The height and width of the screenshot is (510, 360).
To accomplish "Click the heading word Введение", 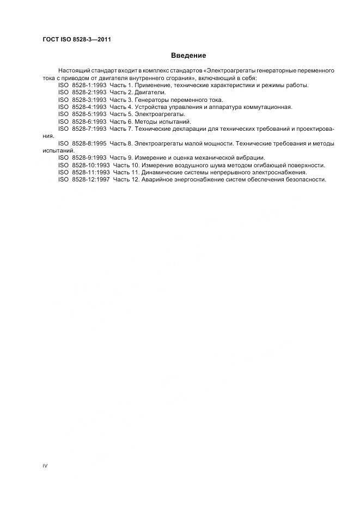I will click(x=188, y=56).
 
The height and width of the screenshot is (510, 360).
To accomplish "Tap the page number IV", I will click(x=45, y=466).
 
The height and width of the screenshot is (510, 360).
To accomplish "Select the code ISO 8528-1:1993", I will click(x=82, y=85).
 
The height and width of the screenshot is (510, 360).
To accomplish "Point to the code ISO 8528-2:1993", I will click(x=82, y=93).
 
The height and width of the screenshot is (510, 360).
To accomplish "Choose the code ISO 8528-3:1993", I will click(x=82, y=100).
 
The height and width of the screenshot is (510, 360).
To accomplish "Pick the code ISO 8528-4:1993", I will click(x=82, y=107).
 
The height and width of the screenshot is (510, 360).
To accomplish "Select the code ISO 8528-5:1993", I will click(x=82, y=114).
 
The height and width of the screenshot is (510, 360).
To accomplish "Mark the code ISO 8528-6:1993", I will click(x=82, y=122).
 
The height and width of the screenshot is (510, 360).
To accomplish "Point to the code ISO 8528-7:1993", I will click(x=82, y=129).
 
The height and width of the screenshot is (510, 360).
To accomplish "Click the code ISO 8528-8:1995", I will click(x=82, y=143).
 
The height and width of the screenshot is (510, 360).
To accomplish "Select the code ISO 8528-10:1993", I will click(x=84, y=165).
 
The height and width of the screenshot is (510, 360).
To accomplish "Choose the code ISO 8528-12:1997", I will click(x=84, y=179).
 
